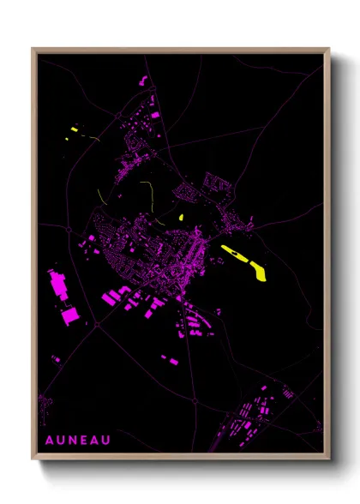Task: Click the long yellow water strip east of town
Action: pos(244,261)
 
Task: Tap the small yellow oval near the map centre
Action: pos(183,217)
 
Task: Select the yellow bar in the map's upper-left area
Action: pos(75,129)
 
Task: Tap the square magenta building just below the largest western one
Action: pos(68,319)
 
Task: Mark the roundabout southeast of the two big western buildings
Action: pos(97,325)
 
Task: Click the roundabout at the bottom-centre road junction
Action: pos(195,399)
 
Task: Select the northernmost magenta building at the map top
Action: pos(142,81)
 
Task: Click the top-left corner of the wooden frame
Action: pos(33,49)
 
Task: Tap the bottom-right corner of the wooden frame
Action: pos(329,459)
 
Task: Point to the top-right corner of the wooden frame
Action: pos(329,49)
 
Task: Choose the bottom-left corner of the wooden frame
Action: pos(33,459)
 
